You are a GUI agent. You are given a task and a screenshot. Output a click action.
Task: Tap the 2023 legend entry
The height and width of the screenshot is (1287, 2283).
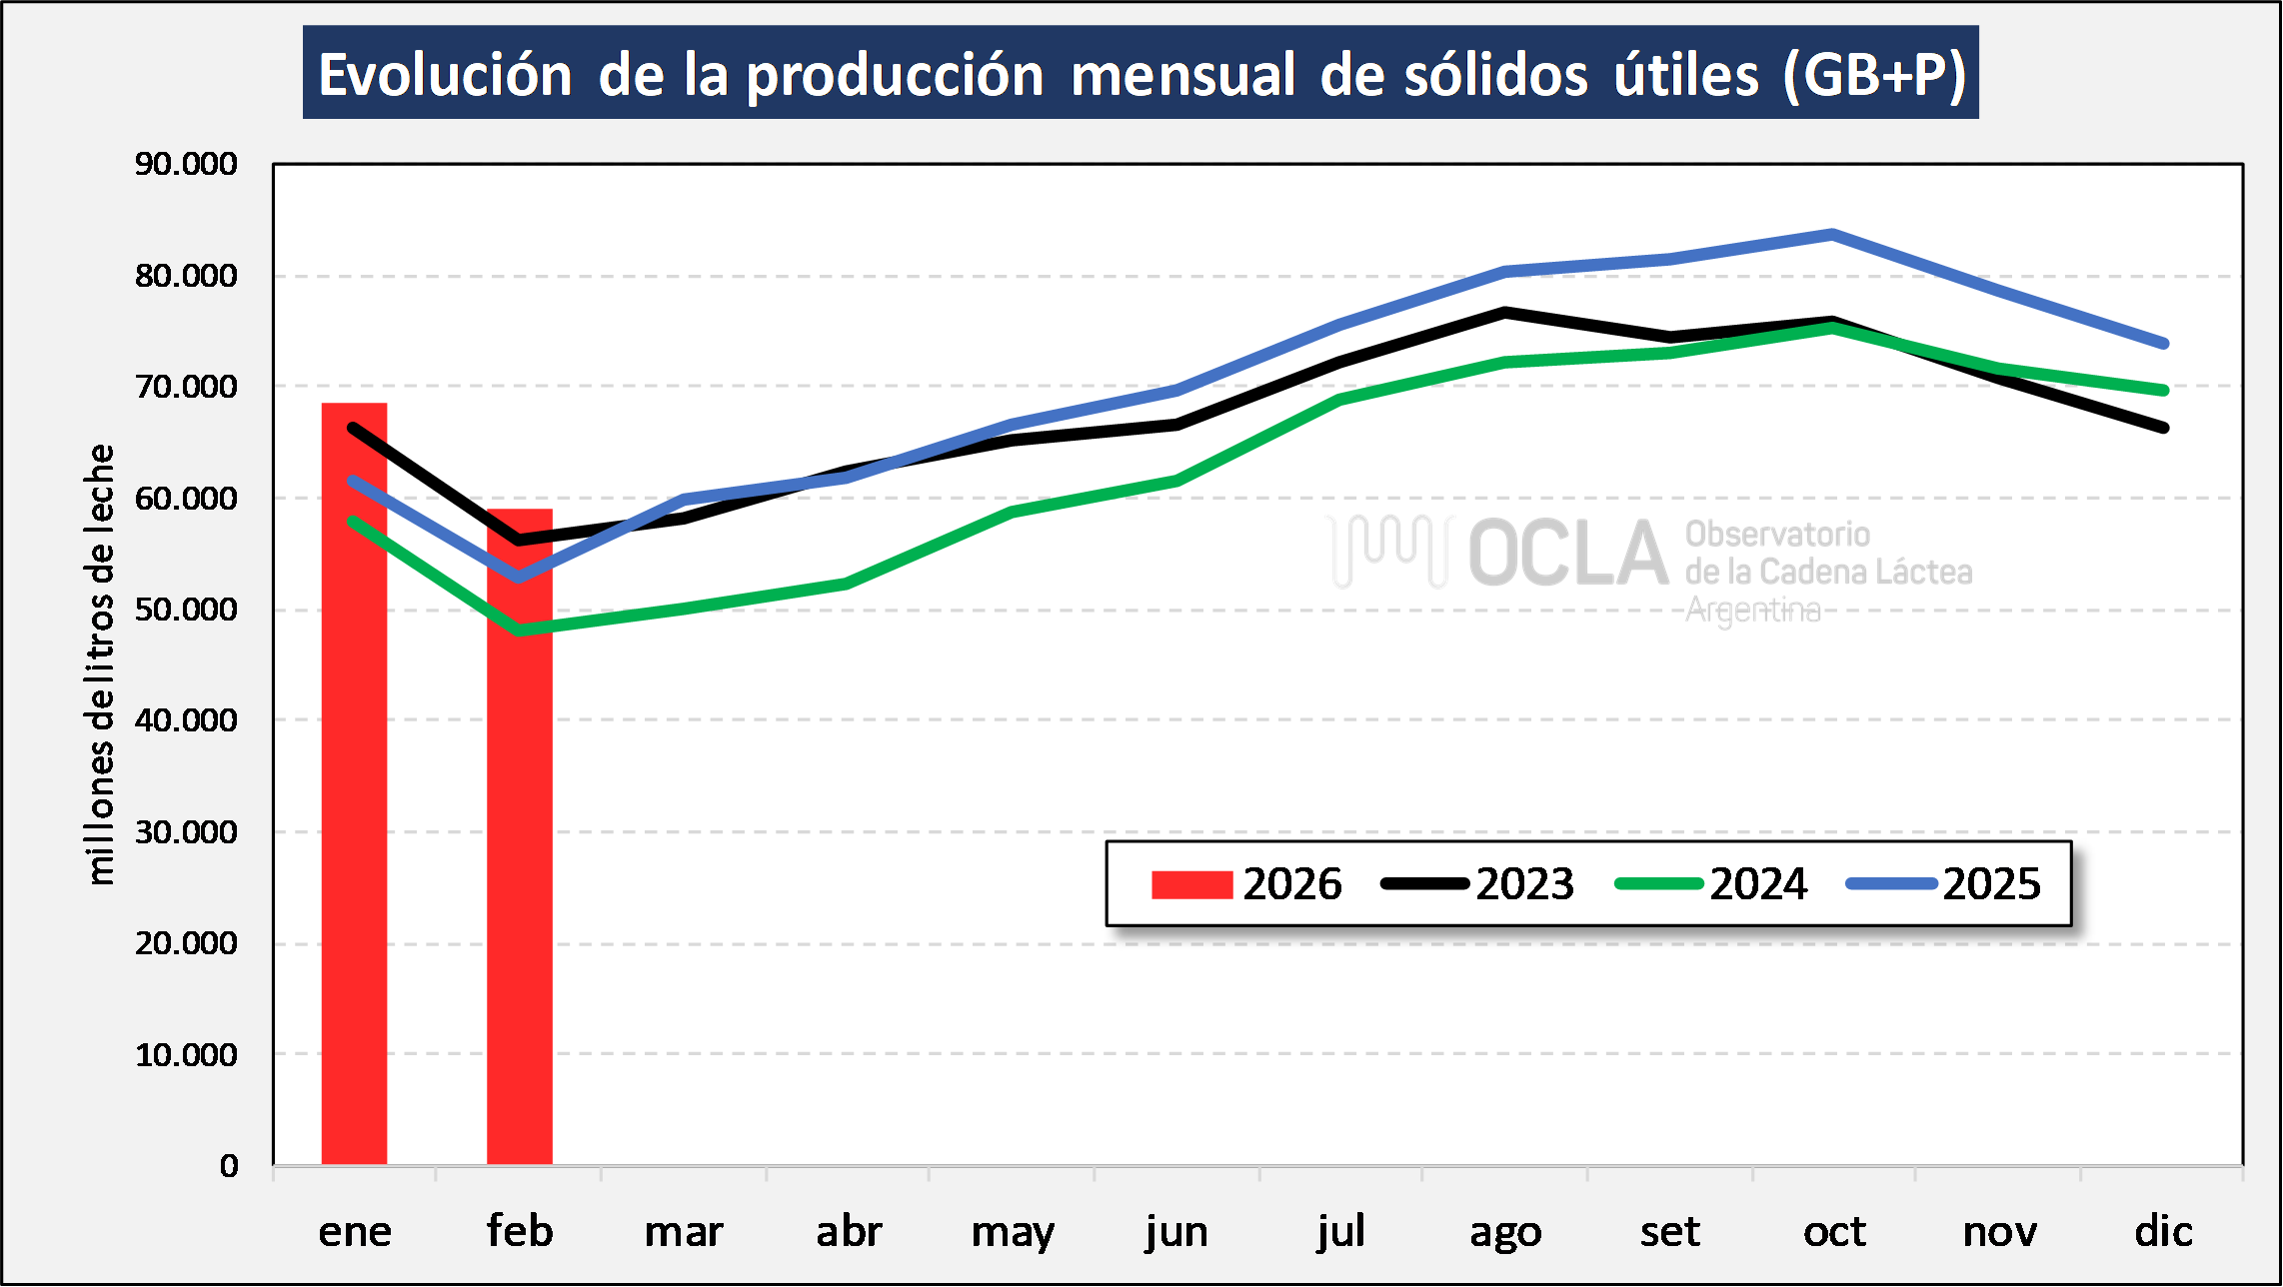(x=1478, y=884)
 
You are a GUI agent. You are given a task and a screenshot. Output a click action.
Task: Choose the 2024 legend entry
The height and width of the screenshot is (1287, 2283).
(x=1711, y=884)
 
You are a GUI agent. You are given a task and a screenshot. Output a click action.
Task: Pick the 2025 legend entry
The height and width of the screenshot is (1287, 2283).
(x=1944, y=884)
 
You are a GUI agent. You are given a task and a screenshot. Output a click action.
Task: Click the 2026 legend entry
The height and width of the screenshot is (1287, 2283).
(x=1245, y=884)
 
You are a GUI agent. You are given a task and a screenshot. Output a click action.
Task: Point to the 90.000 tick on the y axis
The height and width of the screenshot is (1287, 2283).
(x=186, y=164)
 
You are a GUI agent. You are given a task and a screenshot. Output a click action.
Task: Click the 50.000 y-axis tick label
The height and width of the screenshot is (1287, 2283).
(x=186, y=610)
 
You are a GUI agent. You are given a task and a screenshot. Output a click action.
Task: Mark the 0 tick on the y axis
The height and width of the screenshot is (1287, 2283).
(x=229, y=1166)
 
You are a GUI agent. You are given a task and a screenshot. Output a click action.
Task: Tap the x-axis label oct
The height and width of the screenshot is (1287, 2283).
(x=1834, y=1231)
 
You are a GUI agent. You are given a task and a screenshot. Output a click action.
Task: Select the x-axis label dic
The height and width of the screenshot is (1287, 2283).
(x=2163, y=1231)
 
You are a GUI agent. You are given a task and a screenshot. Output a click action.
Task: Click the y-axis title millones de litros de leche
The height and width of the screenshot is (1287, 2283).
(x=101, y=664)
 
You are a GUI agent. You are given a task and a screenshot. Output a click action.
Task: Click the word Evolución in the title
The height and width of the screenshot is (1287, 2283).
(x=445, y=75)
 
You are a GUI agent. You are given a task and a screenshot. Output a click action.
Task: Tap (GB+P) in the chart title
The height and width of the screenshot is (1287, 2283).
(x=1875, y=75)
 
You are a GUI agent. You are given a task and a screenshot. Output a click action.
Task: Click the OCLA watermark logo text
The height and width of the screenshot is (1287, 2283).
(x=1568, y=553)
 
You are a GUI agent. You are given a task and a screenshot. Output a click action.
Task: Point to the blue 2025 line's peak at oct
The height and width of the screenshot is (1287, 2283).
(x=1832, y=234)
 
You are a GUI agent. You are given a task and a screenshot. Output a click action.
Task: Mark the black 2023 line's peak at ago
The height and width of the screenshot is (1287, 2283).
(x=1505, y=313)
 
